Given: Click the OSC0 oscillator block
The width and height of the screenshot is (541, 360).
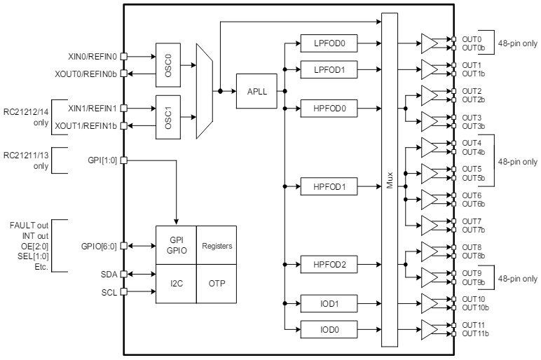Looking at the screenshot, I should point(167,63).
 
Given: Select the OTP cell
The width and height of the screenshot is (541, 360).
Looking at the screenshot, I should point(217,284).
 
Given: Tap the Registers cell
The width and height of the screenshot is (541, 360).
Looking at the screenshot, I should point(217,246).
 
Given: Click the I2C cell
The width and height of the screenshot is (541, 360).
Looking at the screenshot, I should point(176,284).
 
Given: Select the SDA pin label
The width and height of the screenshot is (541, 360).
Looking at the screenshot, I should point(109,273).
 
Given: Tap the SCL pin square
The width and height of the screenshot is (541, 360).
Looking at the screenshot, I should point(124,291).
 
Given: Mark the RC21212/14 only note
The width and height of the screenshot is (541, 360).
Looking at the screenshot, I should point(25,117).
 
